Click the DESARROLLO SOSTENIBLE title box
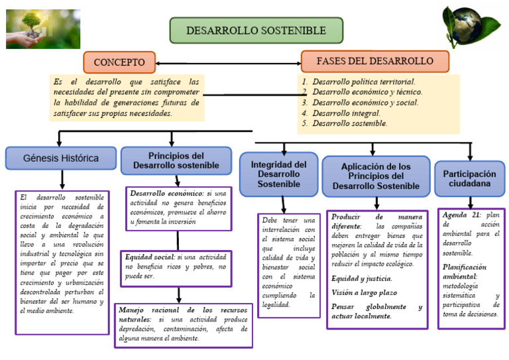256,30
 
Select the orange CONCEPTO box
119,62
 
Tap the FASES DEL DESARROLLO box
374,61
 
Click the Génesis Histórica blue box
61,158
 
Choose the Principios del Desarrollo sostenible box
176,160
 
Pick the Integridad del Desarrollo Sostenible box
279,174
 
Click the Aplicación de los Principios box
376,176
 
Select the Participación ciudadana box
469,178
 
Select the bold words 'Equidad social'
149,256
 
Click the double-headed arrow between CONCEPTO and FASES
228,63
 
